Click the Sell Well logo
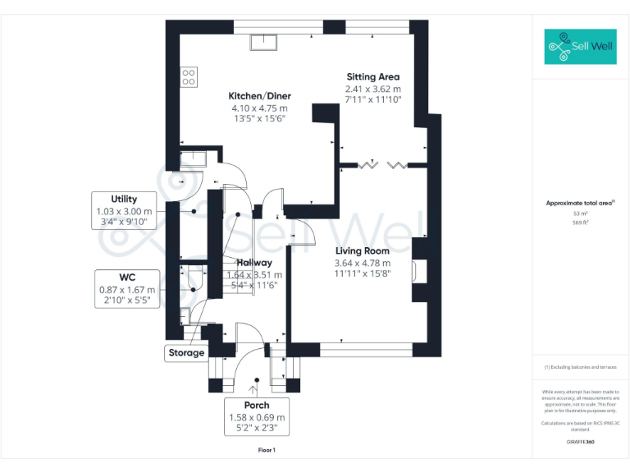click(x=579, y=47)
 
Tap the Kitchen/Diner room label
click(x=259, y=96)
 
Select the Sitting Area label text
click(x=372, y=76)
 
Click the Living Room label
click(x=361, y=251)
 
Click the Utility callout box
click(x=124, y=210)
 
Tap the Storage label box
click(x=185, y=353)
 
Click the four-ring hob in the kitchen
click(x=189, y=76)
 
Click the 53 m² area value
click(x=581, y=214)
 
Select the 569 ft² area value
click(x=581, y=222)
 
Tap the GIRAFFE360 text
click(x=581, y=442)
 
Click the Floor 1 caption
click(x=267, y=450)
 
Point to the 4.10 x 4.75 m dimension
click(x=259, y=108)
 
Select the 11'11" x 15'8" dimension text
click(x=361, y=274)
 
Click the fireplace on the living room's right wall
click(x=420, y=271)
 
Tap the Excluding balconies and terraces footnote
click(x=581, y=367)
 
